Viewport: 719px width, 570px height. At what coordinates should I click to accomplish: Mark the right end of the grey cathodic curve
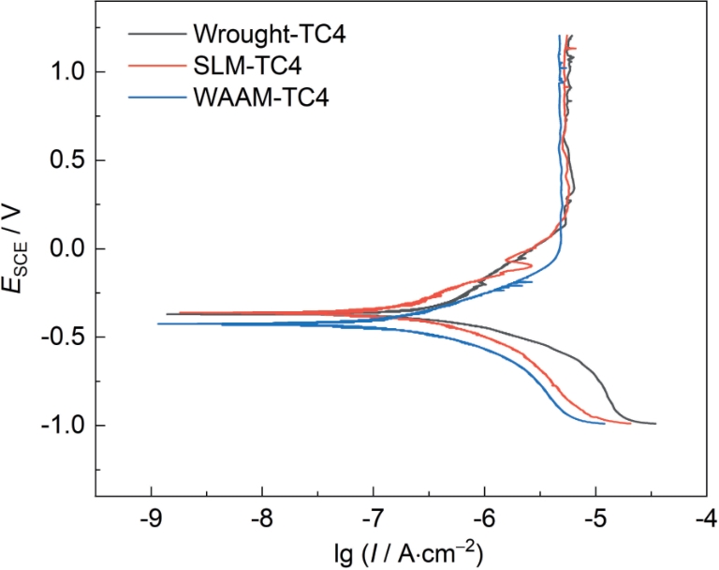coord(655,424)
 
